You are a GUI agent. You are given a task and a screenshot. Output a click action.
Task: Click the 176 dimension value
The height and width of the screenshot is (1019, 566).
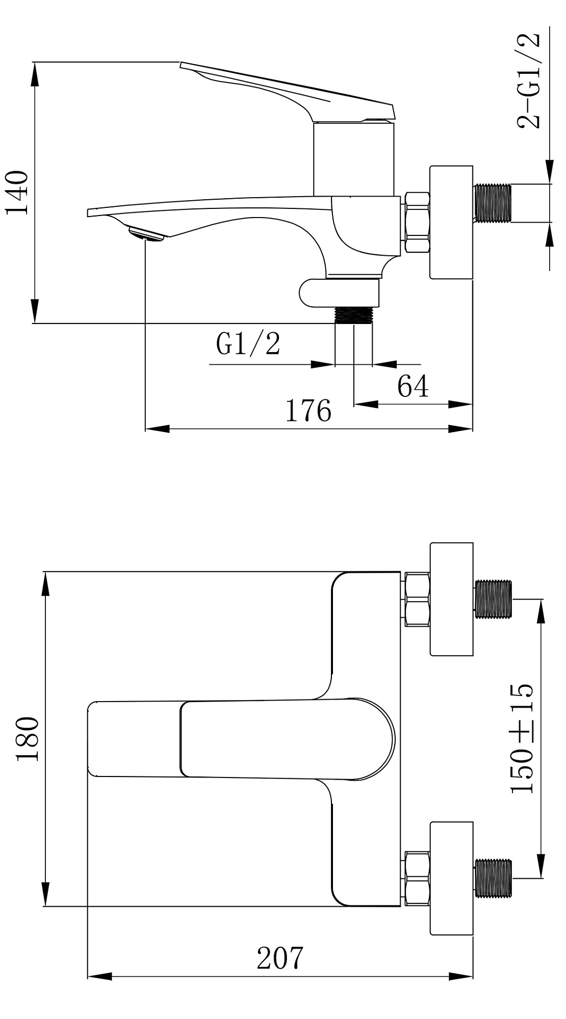(308, 410)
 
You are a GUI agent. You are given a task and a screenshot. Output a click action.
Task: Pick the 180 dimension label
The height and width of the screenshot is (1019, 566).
(28, 738)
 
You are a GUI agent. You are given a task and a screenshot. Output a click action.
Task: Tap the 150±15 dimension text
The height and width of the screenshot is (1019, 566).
(522, 739)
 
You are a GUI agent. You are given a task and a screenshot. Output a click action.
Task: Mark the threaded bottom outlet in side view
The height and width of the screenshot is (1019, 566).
(354, 315)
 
